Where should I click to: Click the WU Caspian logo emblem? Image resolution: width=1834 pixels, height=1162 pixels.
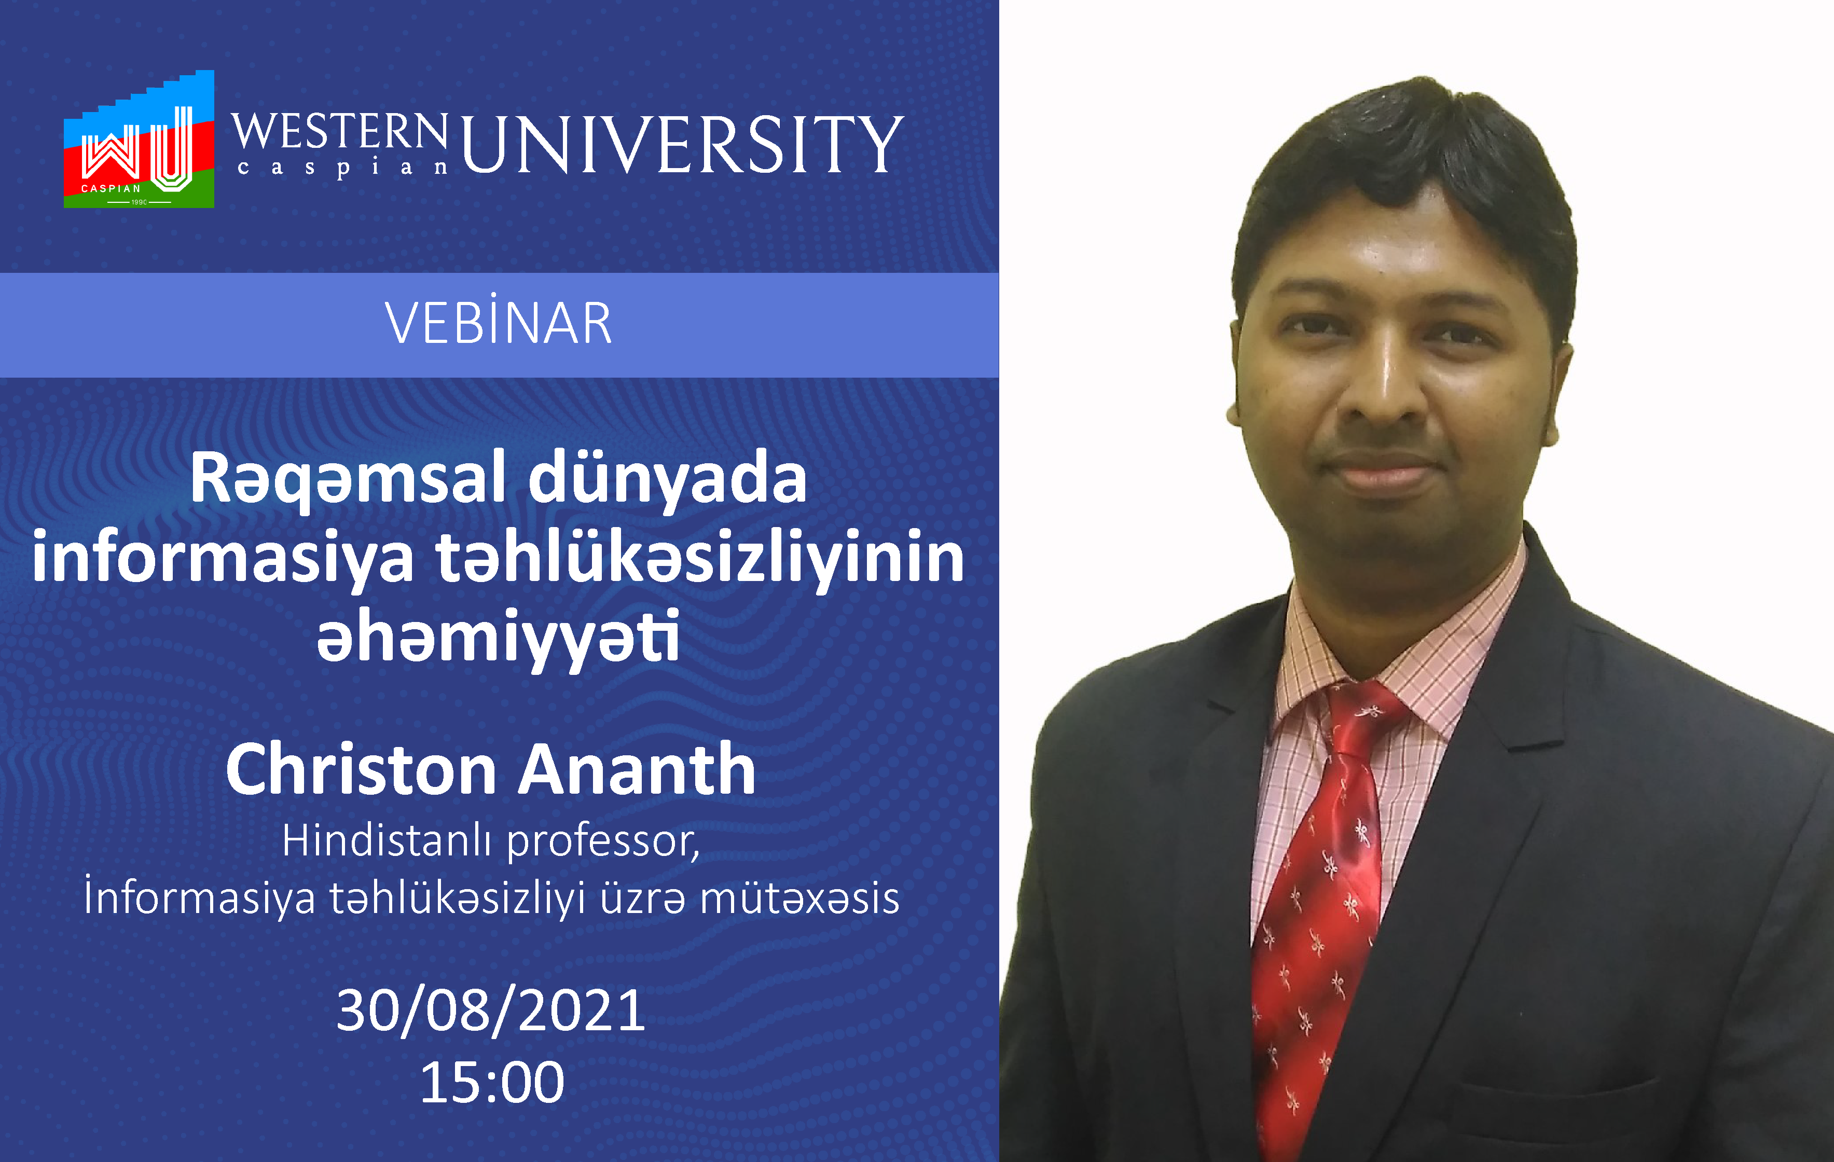point(139,140)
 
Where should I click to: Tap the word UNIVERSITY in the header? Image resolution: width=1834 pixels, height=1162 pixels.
point(682,145)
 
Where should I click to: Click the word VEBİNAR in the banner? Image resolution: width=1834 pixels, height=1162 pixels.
point(499,324)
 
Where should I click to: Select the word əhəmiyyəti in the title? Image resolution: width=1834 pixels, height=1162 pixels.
point(498,638)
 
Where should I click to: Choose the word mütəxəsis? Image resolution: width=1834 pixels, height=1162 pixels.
point(799,898)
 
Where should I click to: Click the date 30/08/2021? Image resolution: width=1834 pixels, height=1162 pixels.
point(491,1011)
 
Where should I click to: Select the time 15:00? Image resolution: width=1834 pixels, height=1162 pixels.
point(492,1082)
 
